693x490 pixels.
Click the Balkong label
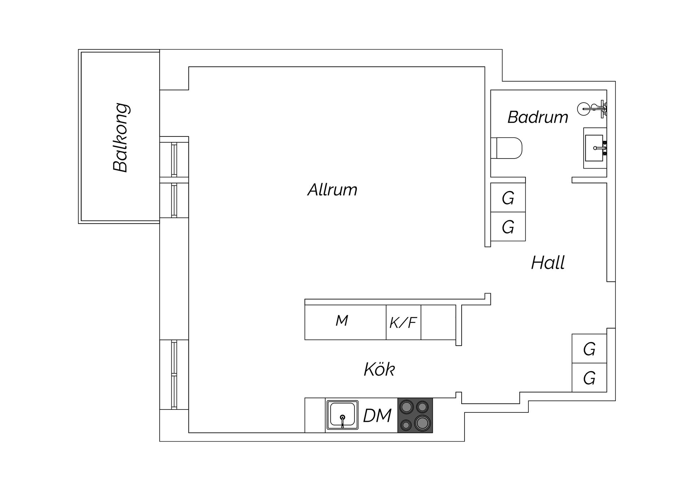121,138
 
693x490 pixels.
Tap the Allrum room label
332,190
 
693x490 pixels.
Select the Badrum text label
538,117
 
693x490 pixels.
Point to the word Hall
548,263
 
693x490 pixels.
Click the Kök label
379,369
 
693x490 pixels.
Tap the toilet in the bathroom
507,148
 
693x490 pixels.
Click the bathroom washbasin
595,148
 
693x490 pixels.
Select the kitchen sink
342,415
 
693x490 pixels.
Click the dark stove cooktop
415,415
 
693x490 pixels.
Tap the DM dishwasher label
377,416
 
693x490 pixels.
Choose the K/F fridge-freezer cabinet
404,322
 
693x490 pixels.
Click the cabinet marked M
345,322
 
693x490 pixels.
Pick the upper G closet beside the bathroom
508,198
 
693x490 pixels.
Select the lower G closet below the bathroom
508,227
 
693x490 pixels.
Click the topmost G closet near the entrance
589,349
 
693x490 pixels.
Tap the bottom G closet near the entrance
589,378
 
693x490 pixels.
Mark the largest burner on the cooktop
423,423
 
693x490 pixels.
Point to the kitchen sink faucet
343,421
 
